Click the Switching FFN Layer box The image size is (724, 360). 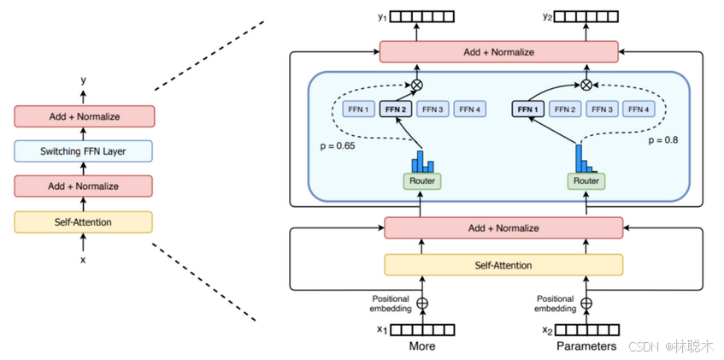pyautogui.click(x=83, y=151)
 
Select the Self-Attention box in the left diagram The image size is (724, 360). pyautogui.click(x=83, y=221)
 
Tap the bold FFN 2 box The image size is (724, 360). pyautogui.click(x=395, y=109)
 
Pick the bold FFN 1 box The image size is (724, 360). pyautogui.click(x=527, y=109)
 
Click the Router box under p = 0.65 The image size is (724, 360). pyautogui.click(x=422, y=180)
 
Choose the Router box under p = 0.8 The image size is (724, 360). pyautogui.click(x=586, y=180)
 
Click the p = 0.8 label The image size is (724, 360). pyautogui.click(x=662, y=139)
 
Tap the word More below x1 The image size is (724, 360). pyautogui.click(x=422, y=346)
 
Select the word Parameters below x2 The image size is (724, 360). pyautogui.click(x=586, y=346)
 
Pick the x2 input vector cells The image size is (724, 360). pyautogui.click(x=586, y=330)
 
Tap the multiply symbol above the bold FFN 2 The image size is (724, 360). pyautogui.click(x=417, y=85)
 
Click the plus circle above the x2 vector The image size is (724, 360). pyautogui.click(x=586, y=304)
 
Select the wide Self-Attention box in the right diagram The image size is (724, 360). pyautogui.click(x=503, y=265)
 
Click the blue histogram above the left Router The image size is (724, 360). pyautogui.click(x=422, y=161)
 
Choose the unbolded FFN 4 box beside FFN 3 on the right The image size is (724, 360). pyautogui.click(x=639, y=109)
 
